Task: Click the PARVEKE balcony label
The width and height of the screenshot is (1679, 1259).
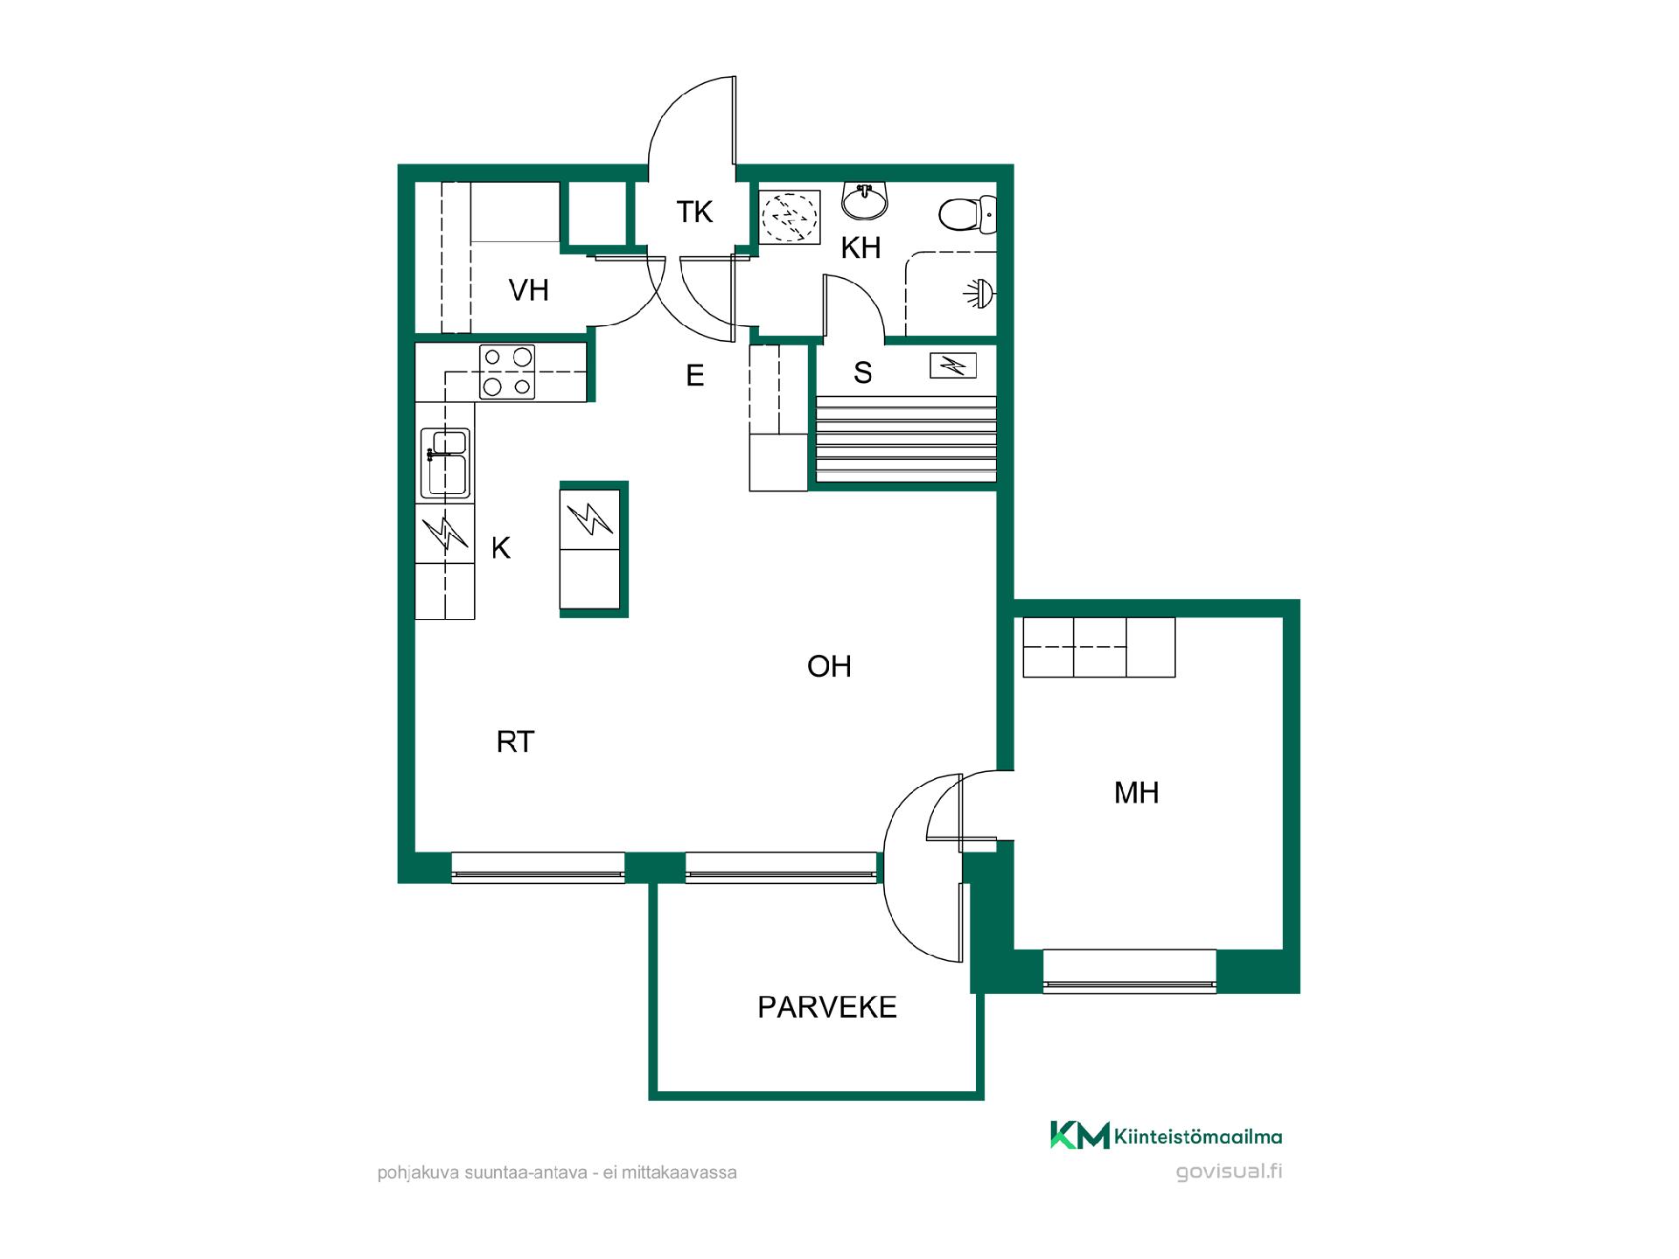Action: pyautogui.click(x=826, y=1007)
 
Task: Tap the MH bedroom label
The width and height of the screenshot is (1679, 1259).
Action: pyautogui.click(x=1136, y=793)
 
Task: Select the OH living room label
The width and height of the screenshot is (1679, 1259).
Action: pyautogui.click(x=829, y=666)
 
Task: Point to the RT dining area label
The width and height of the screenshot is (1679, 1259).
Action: pyautogui.click(x=515, y=741)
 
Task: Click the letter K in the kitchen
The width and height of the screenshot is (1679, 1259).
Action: pyautogui.click(x=501, y=548)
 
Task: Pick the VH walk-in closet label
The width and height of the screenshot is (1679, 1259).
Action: pyautogui.click(x=528, y=290)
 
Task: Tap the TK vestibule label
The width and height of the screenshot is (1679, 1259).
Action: pyautogui.click(x=694, y=212)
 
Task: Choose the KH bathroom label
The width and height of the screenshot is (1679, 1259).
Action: pyautogui.click(x=860, y=248)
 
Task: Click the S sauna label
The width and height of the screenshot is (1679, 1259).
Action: pyautogui.click(x=863, y=373)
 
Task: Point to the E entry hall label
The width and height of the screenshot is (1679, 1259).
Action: pyautogui.click(x=695, y=376)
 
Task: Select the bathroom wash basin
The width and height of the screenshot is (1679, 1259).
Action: pyautogui.click(x=864, y=200)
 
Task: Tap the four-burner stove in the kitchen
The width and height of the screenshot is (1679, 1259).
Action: pyautogui.click(x=507, y=372)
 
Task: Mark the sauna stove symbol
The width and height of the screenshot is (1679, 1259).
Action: pyautogui.click(x=953, y=365)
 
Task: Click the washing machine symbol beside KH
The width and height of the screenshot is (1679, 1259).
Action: pyautogui.click(x=790, y=217)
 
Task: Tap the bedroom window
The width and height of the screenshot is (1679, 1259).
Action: pyautogui.click(x=1130, y=971)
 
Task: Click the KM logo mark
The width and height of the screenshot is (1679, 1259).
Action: pyautogui.click(x=1080, y=1135)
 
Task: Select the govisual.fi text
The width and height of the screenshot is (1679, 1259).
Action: pyautogui.click(x=1230, y=1172)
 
